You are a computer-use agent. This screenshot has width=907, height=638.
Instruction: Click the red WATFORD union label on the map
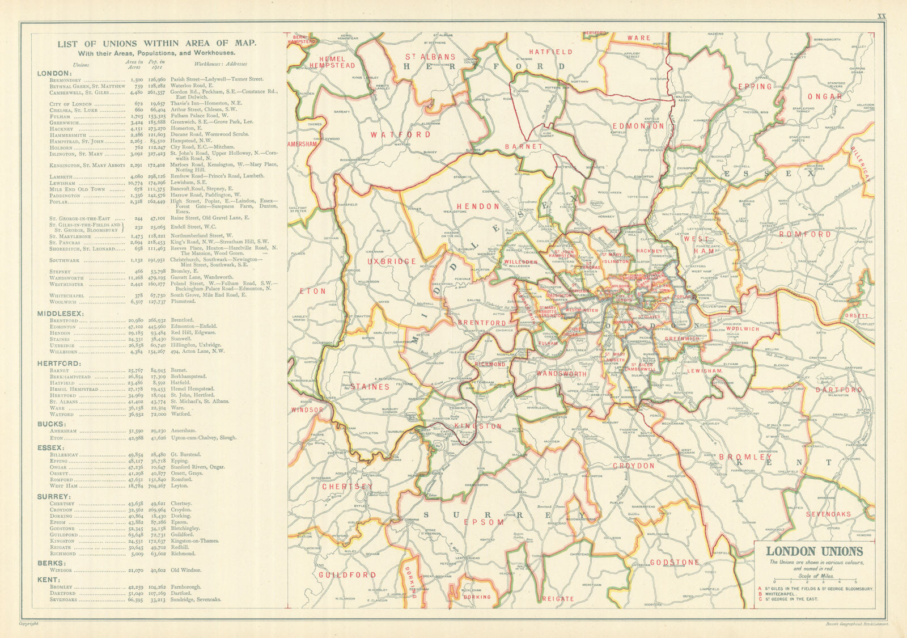click(400, 135)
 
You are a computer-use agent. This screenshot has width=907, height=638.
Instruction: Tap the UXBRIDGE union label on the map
click(392, 261)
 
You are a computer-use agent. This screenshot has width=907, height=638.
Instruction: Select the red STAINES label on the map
click(370, 387)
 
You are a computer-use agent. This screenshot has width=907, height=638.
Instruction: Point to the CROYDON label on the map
click(633, 466)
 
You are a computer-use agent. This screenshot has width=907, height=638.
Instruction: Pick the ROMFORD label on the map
click(804, 234)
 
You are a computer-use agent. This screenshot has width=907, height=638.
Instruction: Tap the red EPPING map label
click(755, 87)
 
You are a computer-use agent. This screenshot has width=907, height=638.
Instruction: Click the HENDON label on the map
click(478, 206)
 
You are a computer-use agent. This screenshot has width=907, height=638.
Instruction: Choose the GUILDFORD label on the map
click(347, 575)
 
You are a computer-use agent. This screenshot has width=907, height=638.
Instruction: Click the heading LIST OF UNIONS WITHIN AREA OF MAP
click(156, 43)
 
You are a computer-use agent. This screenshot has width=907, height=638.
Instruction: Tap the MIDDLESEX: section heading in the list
click(61, 313)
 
